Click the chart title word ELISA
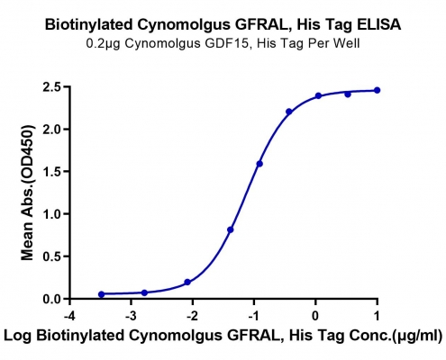click(378, 24)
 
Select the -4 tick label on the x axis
click(69, 316)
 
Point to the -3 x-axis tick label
click(131, 316)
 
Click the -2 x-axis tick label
click(192, 316)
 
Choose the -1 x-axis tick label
click(253, 316)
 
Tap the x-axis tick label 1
click(377, 316)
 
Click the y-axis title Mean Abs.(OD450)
click(27, 193)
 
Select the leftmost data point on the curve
click(102, 294)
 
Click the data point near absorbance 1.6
click(259, 164)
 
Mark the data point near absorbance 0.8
click(231, 229)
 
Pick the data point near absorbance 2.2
click(289, 112)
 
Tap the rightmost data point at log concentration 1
click(377, 90)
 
